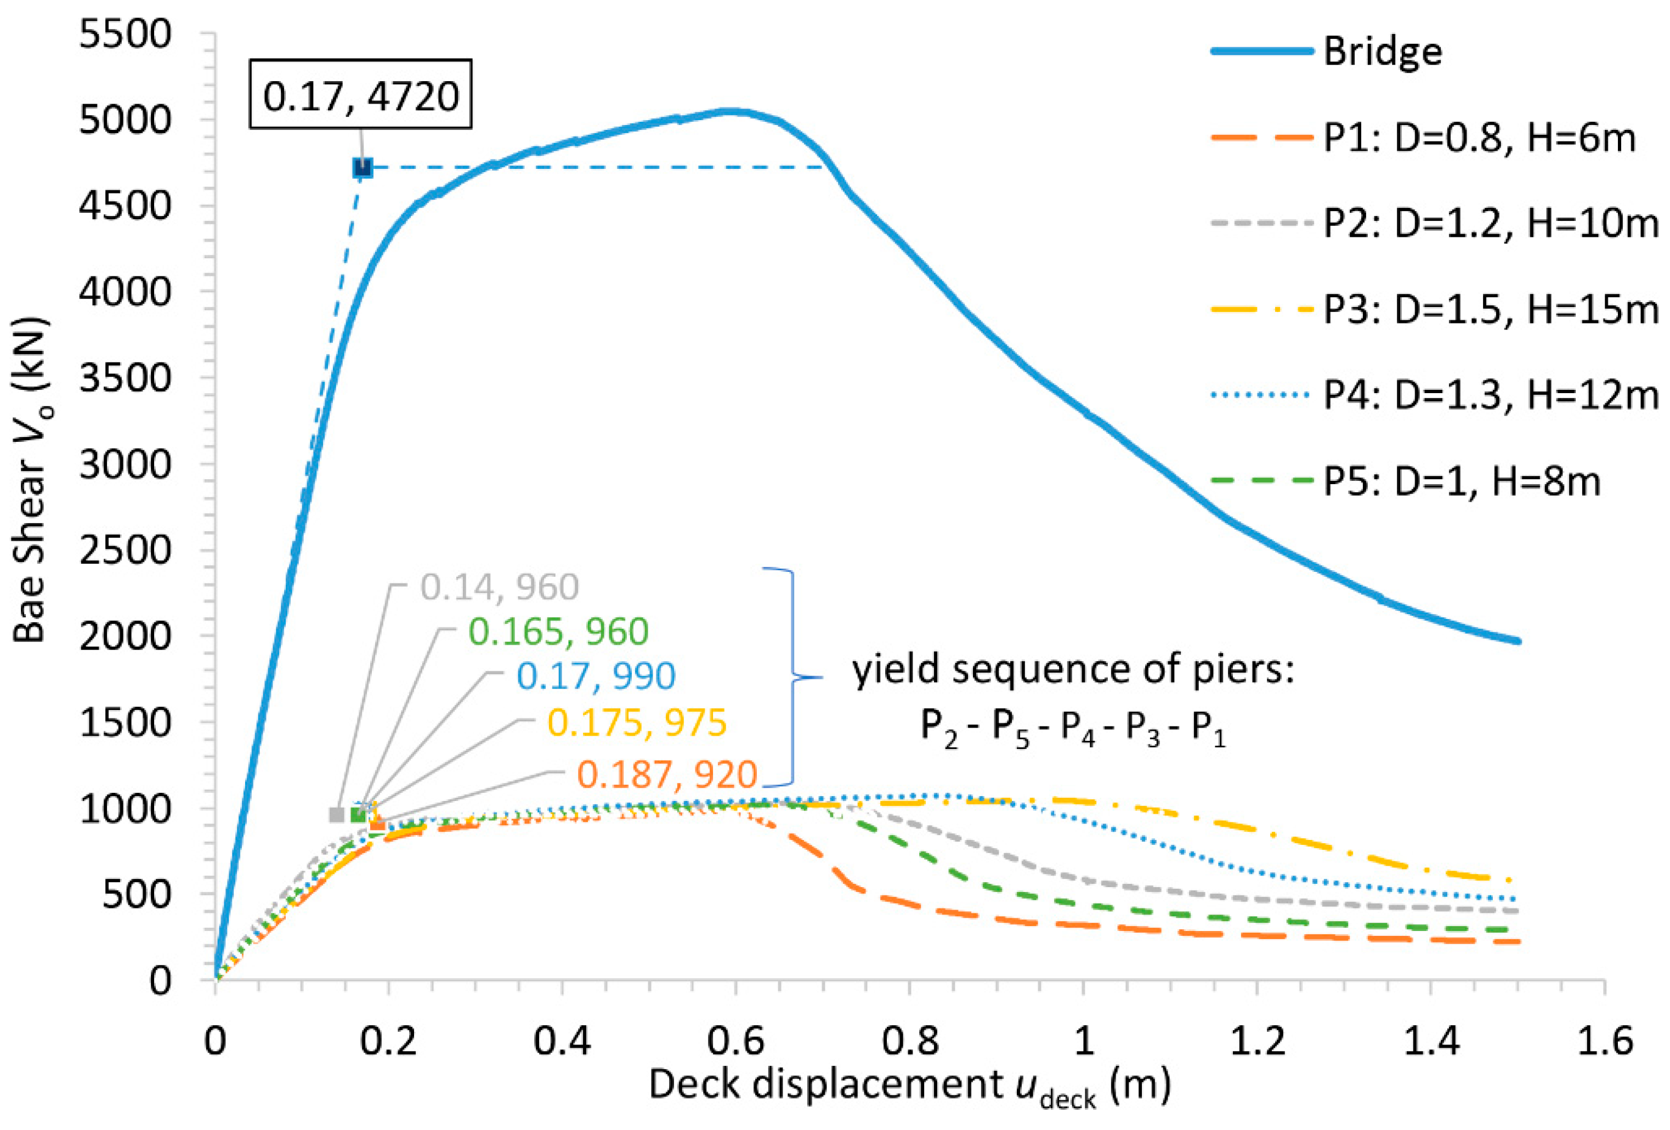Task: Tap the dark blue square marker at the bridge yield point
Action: click(363, 168)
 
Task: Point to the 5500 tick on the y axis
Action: click(125, 34)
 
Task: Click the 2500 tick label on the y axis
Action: click(125, 550)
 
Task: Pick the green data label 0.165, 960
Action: click(558, 632)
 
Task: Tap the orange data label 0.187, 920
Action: click(667, 774)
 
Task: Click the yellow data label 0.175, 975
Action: click(637, 722)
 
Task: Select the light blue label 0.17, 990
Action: click(596, 676)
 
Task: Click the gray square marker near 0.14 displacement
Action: click(336, 815)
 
